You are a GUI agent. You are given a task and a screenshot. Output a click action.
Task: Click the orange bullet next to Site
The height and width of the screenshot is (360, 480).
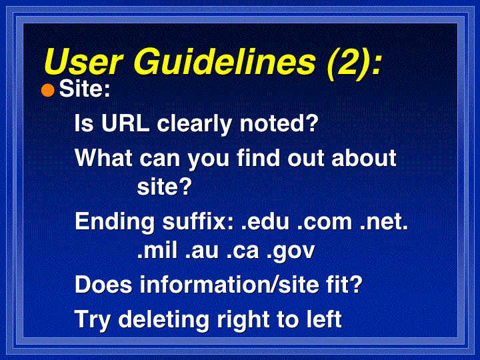48,90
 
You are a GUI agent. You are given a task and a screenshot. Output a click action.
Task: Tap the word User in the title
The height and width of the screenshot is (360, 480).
83,61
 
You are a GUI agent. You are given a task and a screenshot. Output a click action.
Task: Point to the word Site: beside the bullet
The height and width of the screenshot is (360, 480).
85,89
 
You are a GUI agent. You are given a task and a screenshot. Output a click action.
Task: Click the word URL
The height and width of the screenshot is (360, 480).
125,123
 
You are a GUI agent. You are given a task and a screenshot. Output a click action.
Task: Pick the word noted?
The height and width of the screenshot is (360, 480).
279,123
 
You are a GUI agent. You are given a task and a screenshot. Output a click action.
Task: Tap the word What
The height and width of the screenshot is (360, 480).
104,158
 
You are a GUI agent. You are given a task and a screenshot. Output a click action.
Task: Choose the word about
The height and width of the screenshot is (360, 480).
364,158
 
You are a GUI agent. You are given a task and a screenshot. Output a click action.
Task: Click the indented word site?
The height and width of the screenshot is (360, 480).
165,186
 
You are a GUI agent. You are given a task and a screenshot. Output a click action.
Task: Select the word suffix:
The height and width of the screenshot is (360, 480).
199,221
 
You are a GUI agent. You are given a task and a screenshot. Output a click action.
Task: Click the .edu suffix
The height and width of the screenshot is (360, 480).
265,221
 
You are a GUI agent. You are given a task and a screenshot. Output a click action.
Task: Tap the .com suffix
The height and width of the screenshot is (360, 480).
325,221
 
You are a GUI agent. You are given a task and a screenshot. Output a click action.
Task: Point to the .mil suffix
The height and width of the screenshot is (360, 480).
157,250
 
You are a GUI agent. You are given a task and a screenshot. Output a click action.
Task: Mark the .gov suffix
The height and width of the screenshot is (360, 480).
291,252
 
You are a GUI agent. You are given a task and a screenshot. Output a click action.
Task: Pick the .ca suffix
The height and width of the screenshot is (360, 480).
243,251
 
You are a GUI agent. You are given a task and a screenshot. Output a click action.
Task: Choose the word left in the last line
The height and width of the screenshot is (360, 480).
324,319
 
